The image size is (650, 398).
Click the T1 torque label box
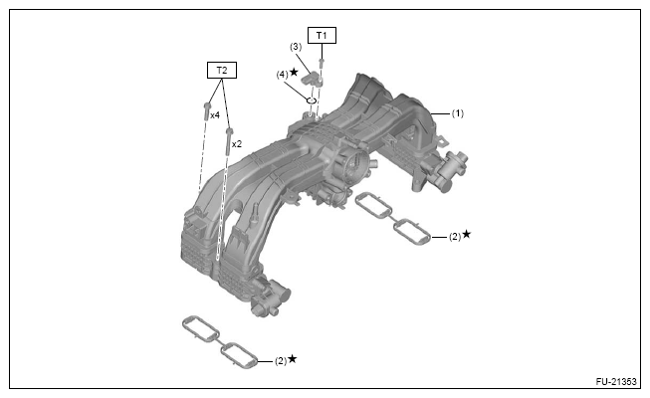pyautogui.click(x=322, y=36)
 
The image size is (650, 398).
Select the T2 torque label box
pyautogui.click(x=221, y=71)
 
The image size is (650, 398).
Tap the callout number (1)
pyautogui.click(x=458, y=113)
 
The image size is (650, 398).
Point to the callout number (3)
pyautogui.click(x=296, y=47)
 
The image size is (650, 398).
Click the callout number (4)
pyautogui.click(x=283, y=74)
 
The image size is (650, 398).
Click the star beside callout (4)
pyautogui.click(x=296, y=73)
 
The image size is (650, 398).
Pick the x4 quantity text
pyautogui.click(x=214, y=115)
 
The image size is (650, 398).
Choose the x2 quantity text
pyautogui.click(x=237, y=144)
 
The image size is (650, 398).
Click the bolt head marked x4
pyautogui.click(x=205, y=106)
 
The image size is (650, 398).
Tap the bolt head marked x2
pyautogui.click(x=230, y=131)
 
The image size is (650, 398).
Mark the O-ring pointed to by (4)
pyautogui.click(x=311, y=100)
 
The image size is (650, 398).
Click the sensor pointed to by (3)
pyautogui.click(x=316, y=79)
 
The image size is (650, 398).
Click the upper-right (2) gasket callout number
pyautogui.click(x=453, y=237)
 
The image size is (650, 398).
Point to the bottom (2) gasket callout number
pyautogui.click(x=280, y=360)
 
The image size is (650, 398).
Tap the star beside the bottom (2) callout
pyautogui.click(x=293, y=358)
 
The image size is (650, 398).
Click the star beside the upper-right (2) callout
pyautogui.click(x=466, y=235)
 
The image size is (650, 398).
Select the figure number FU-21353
pyautogui.click(x=616, y=384)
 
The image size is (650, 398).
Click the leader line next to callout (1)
pyautogui.click(x=440, y=113)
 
